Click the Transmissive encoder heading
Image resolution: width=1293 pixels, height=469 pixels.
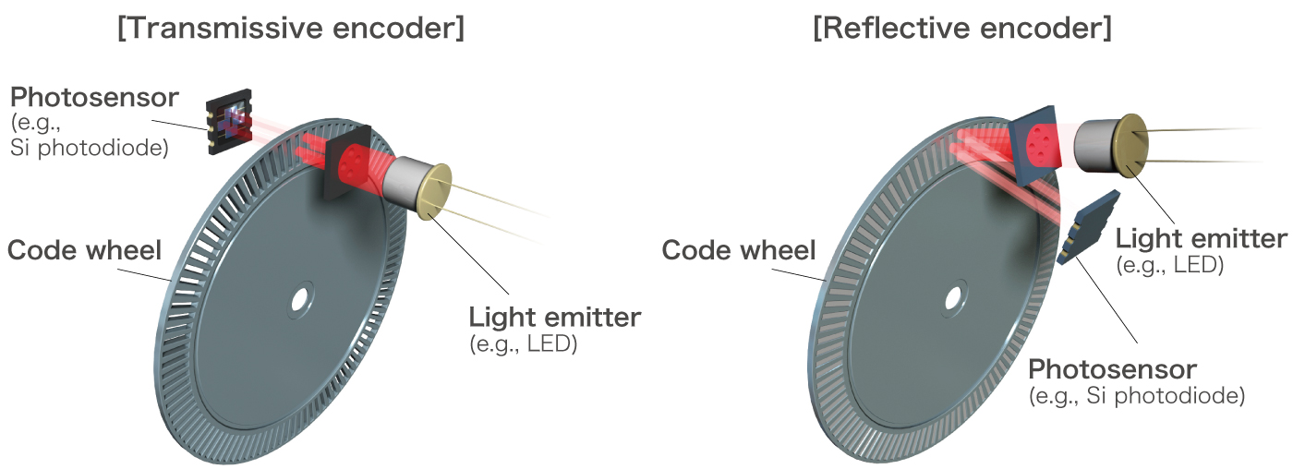tap(291, 29)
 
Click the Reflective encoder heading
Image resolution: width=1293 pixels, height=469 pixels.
tap(961, 29)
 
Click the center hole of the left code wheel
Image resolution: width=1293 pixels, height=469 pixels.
tap(299, 300)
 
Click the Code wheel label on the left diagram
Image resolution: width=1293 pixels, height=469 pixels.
tap(84, 250)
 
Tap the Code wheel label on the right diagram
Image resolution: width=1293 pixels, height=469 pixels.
tap(739, 250)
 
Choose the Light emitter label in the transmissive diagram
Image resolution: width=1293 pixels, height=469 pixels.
tap(554, 318)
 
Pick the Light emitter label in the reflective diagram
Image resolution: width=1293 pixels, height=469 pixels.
tap(1200, 239)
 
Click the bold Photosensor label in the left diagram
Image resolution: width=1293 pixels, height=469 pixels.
tap(94, 98)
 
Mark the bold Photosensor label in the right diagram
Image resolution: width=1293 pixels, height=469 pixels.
tap(1112, 370)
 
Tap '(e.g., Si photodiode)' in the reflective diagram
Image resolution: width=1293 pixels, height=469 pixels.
tap(1136, 396)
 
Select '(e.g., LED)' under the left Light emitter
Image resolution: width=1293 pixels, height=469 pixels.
tap(524, 344)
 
